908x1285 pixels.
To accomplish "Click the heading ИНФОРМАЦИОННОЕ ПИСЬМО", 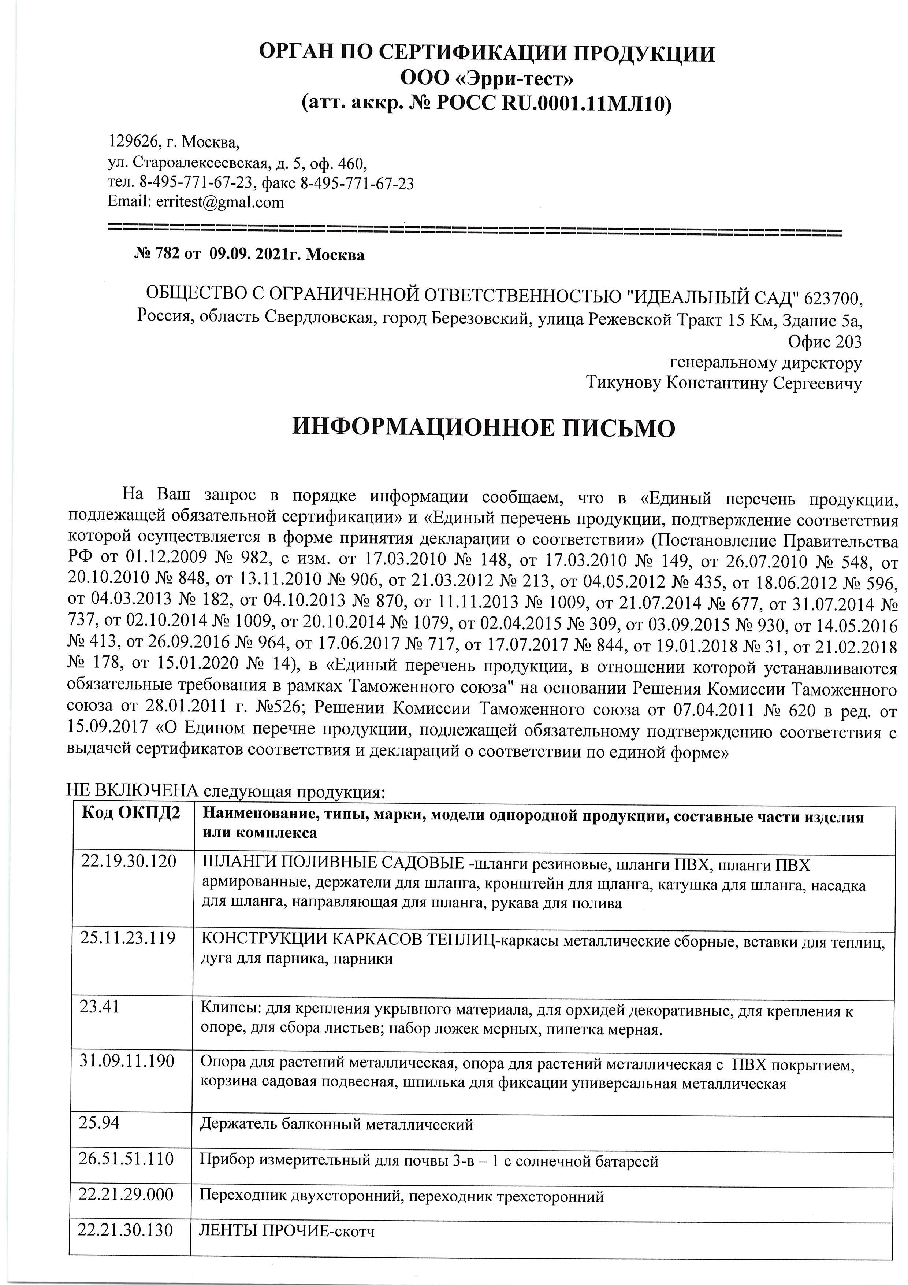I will point(484,428).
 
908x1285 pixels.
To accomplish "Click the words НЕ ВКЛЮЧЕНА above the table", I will point(133,791).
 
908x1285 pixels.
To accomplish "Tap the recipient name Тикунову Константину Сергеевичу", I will point(724,384).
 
